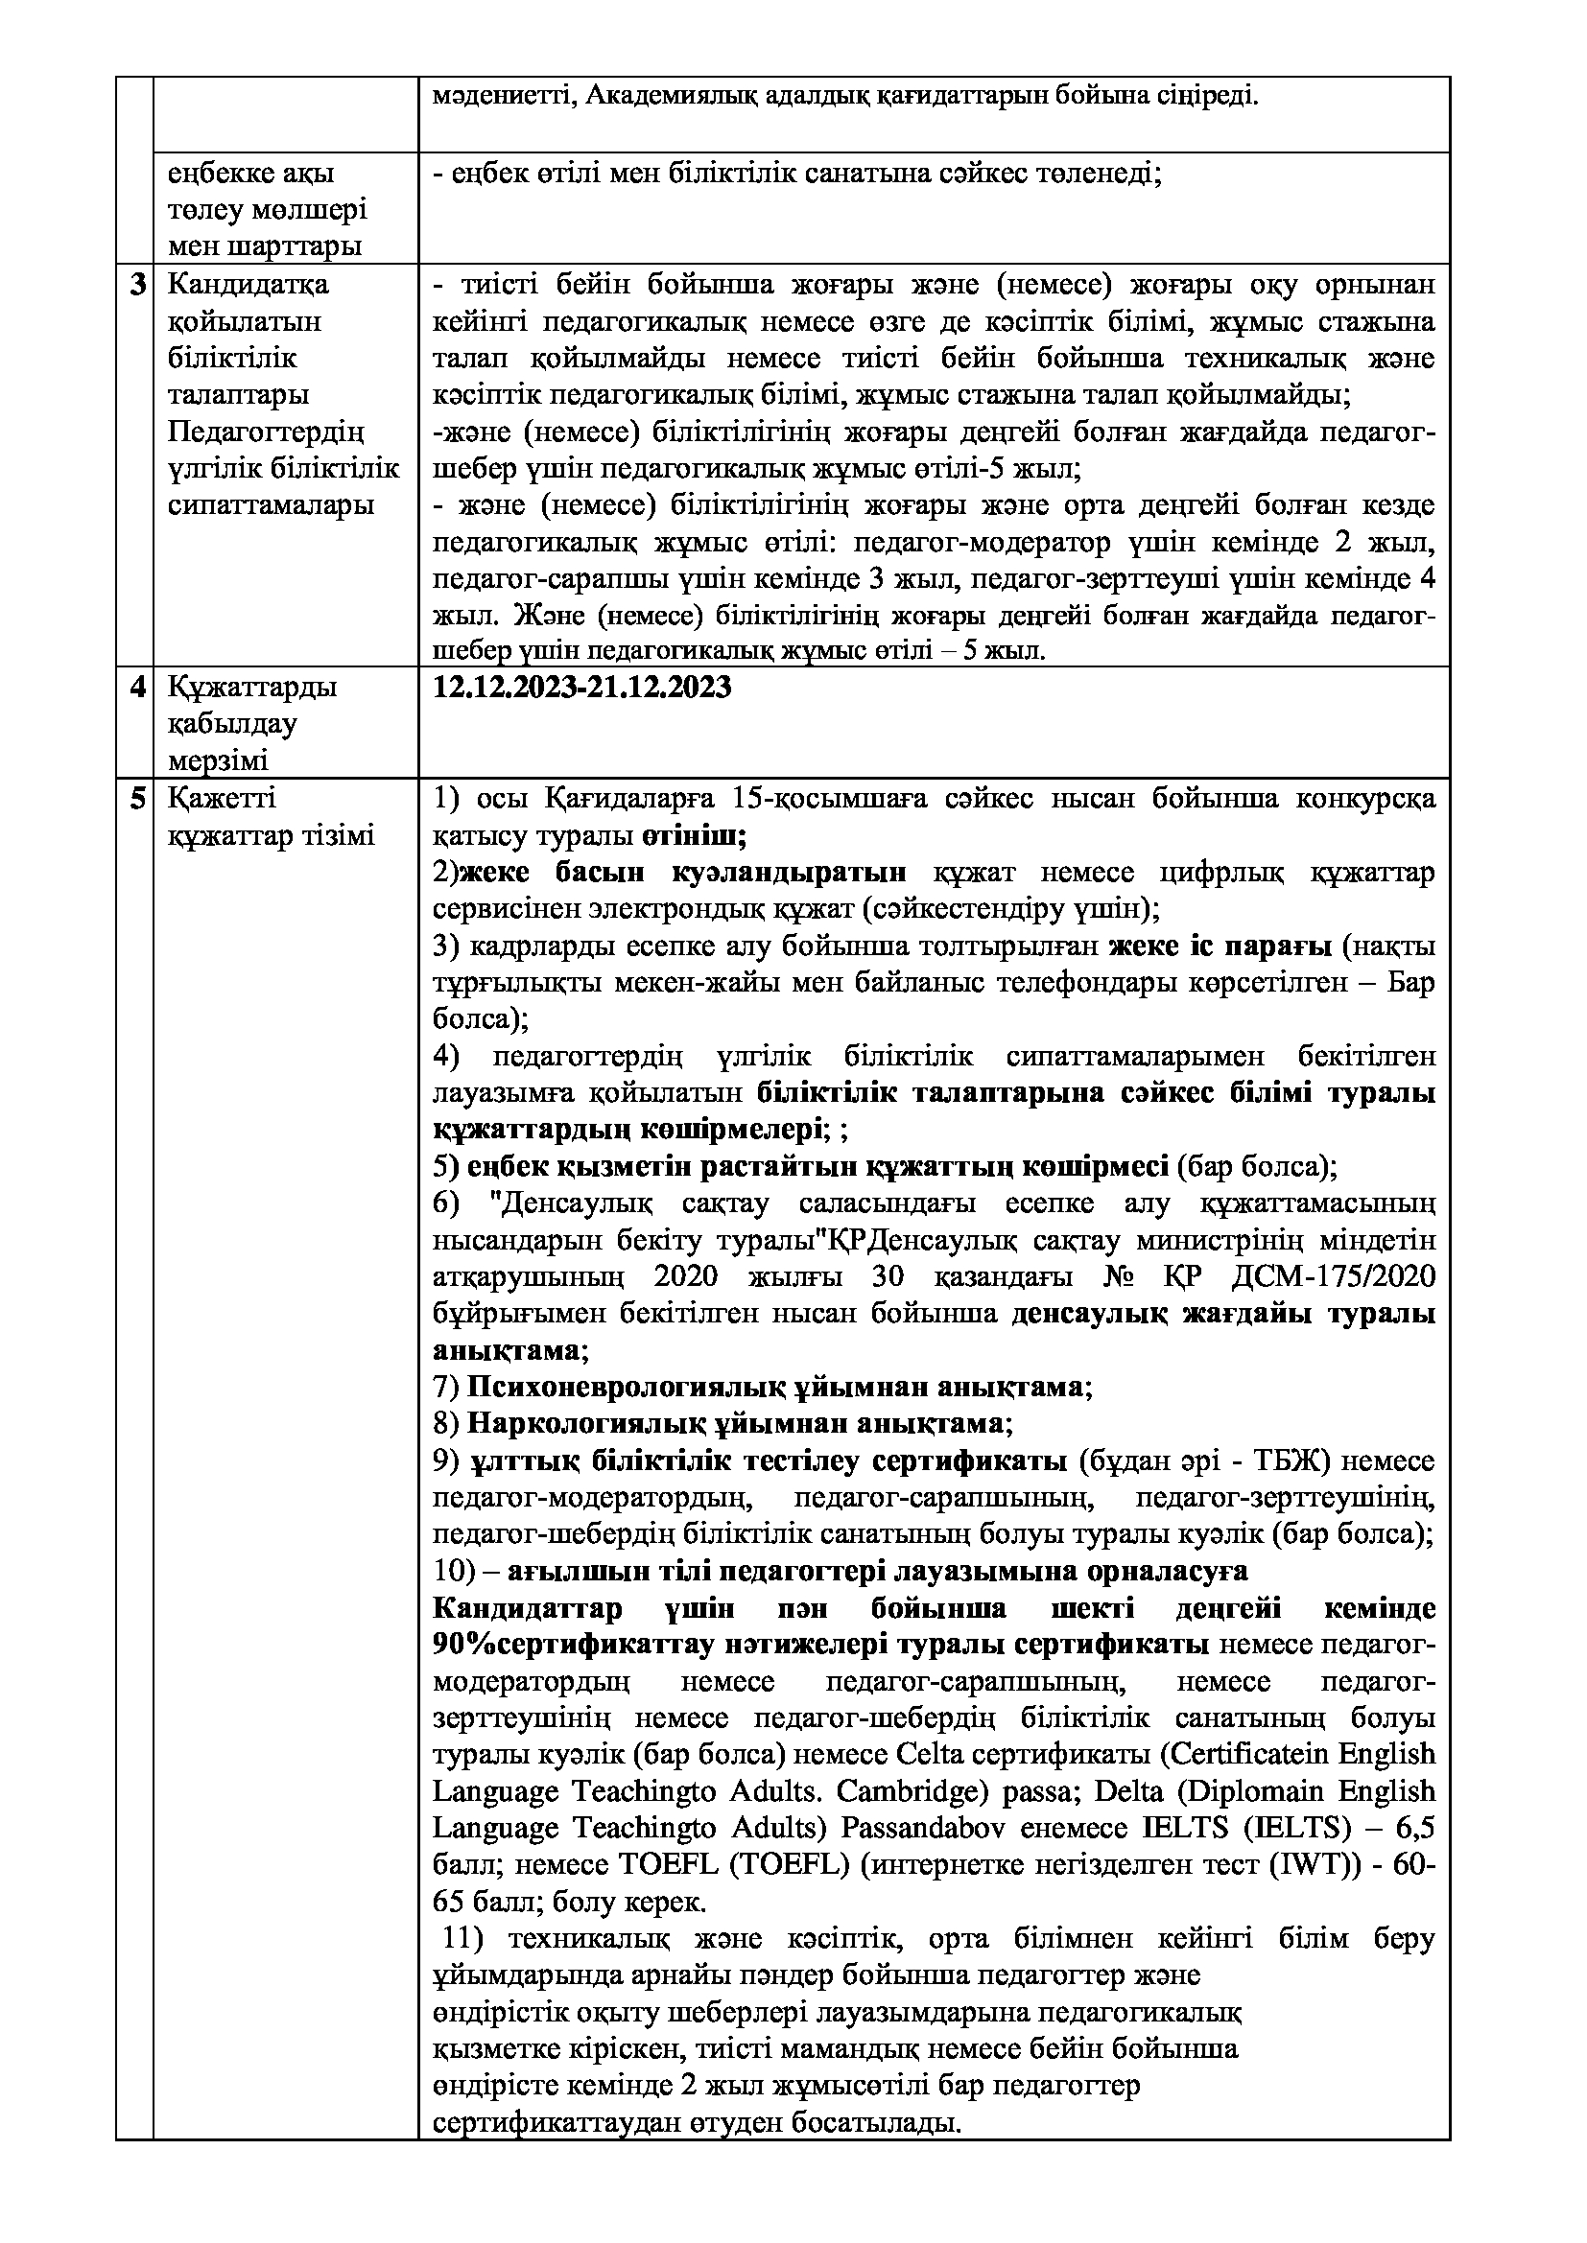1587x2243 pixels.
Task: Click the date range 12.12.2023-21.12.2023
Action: point(581,688)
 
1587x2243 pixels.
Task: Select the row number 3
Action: point(139,285)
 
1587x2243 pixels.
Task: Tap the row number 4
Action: point(139,688)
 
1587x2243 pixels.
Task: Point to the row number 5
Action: point(139,799)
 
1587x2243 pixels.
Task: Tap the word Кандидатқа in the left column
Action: point(249,285)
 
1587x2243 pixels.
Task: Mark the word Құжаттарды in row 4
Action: point(252,688)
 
